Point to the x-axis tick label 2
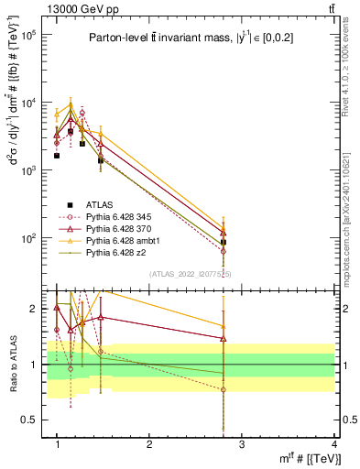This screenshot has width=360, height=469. point(149,444)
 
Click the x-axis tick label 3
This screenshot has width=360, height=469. point(242,444)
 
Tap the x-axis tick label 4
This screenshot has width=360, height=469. point(333,444)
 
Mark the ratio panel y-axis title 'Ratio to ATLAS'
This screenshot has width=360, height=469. point(12,365)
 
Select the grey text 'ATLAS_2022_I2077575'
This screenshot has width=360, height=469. point(191,274)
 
